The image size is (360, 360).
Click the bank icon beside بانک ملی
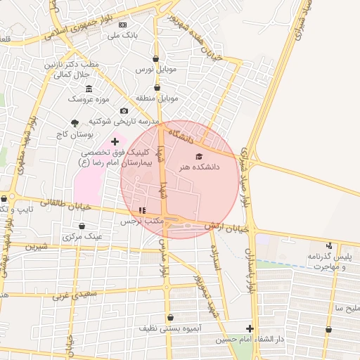[122, 25]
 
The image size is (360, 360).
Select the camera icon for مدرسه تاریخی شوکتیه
[124, 110]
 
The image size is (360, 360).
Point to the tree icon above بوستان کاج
[75, 123]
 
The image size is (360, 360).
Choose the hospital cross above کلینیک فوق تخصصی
[115, 141]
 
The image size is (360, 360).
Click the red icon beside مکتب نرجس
[143, 210]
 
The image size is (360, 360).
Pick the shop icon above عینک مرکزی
[82, 226]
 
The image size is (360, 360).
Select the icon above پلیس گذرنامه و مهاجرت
[329, 245]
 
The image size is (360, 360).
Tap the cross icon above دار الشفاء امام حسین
[250, 328]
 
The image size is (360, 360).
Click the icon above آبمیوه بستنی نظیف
[171, 317]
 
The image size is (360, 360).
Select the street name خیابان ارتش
[228, 228]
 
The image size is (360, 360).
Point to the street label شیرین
[37, 247]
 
